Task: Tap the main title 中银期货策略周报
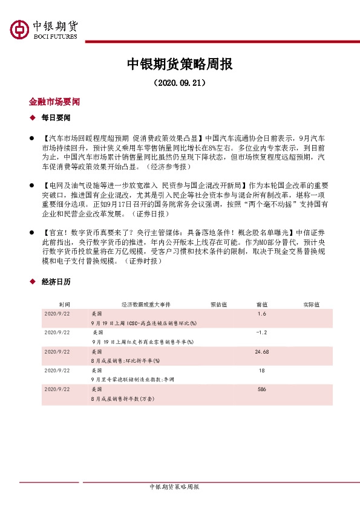click(x=180, y=64)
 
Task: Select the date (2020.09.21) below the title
click(x=180, y=82)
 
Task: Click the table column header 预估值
click(x=218, y=305)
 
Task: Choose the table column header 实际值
click(x=312, y=305)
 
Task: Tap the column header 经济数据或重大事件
click(x=146, y=305)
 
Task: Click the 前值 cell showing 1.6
click(x=261, y=314)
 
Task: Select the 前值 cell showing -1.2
click(x=261, y=332)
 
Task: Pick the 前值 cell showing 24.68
click(x=261, y=351)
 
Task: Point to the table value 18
click(x=261, y=370)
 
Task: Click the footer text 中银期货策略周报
click(x=174, y=487)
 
